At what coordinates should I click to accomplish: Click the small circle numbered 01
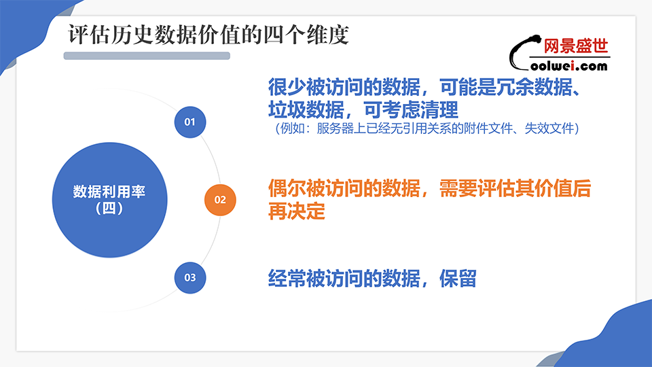click(x=190, y=122)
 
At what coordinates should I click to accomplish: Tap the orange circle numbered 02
click(x=220, y=200)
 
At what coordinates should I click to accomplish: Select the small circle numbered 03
click(x=190, y=277)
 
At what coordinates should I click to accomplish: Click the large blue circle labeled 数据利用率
click(x=110, y=200)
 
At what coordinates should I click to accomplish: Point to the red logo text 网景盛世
click(x=576, y=46)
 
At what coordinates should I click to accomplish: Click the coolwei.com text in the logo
click(x=569, y=66)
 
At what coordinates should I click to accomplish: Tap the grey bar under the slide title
click(x=147, y=56)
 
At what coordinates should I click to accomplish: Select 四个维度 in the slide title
click(x=306, y=35)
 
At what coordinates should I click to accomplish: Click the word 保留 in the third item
click(x=458, y=279)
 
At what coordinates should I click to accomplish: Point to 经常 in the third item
click(x=287, y=279)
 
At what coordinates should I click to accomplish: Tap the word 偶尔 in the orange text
click(x=287, y=188)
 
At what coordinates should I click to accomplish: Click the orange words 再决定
click(x=297, y=211)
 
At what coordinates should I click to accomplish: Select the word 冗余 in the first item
click(x=515, y=87)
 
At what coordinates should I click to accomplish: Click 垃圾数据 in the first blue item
click(x=306, y=110)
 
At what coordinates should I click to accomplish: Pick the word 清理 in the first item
click(x=439, y=110)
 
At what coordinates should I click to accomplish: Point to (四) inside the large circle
click(x=109, y=208)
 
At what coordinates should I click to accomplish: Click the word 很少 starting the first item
click(x=287, y=87)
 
